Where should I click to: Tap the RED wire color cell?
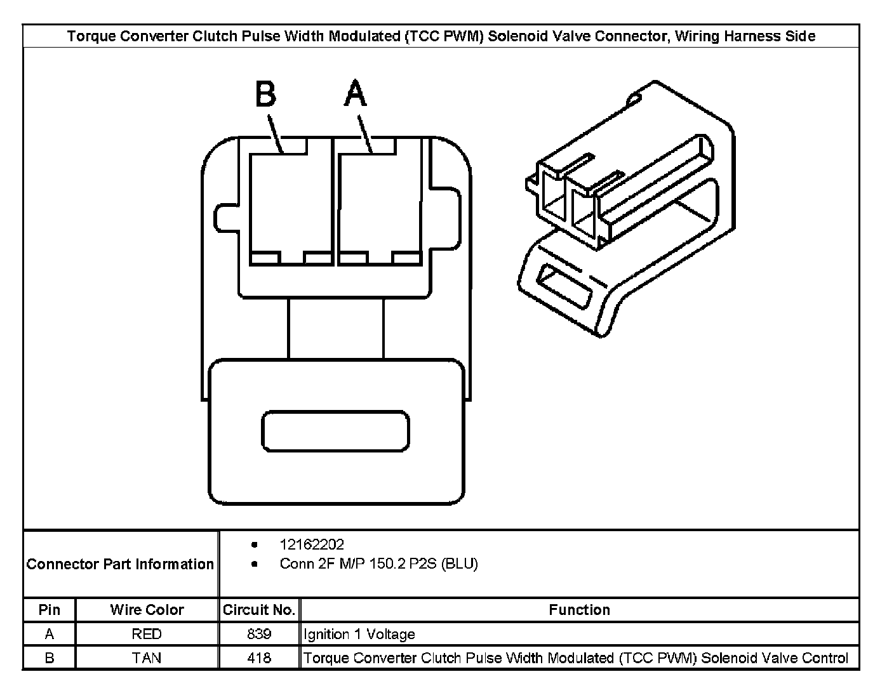coord(147,634)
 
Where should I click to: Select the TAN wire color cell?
coord(147,658)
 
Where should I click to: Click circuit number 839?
coord(259,634)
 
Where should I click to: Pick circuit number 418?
coord(259,658)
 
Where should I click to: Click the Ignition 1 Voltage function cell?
coord(359,634)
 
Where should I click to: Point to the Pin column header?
coord(50,610)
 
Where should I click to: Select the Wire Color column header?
coord(147,610)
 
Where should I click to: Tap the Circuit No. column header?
coord(259,610)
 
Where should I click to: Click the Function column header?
coord(579,610)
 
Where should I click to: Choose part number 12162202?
coord(312,544)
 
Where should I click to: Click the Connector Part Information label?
coord(120,564)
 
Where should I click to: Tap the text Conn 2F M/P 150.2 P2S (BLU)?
coord(378,564)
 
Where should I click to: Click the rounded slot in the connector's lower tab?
coord(335,432)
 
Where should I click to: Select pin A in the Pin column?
coord(50,634)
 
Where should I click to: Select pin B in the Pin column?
coord(50,658)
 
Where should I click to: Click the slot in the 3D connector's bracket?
coord(565,286)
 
